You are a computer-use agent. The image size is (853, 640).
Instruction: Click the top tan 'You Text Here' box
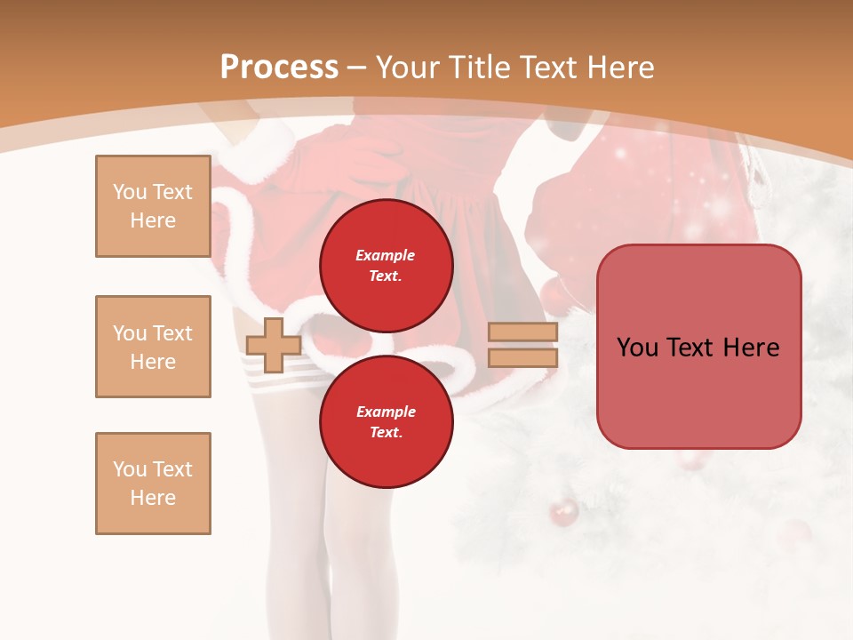(153, 206)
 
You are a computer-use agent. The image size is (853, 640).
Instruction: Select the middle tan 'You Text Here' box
(153, 347)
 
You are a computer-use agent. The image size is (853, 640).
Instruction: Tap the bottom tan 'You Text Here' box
(153, 484)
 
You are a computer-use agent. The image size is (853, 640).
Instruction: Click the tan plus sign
(274, 345)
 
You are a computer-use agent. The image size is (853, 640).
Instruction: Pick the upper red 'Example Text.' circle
(386, 266)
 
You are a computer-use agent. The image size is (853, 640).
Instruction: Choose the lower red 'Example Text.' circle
(386, 422)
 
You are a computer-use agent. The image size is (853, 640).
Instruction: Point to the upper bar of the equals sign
(522, 332)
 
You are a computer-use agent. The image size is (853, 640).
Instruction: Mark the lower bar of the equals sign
(522, 357)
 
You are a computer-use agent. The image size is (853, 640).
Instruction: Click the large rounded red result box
(698, 347)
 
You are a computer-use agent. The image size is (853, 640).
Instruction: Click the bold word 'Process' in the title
(279, 68)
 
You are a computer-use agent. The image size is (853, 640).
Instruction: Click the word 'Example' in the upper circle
(386, 255)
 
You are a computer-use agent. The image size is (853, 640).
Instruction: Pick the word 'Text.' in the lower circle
(386, 433)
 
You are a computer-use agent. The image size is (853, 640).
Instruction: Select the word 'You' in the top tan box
(130, 192)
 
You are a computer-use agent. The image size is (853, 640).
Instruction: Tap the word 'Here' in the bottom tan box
(153, 498)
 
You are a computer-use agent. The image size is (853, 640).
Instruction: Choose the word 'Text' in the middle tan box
(172, 333)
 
